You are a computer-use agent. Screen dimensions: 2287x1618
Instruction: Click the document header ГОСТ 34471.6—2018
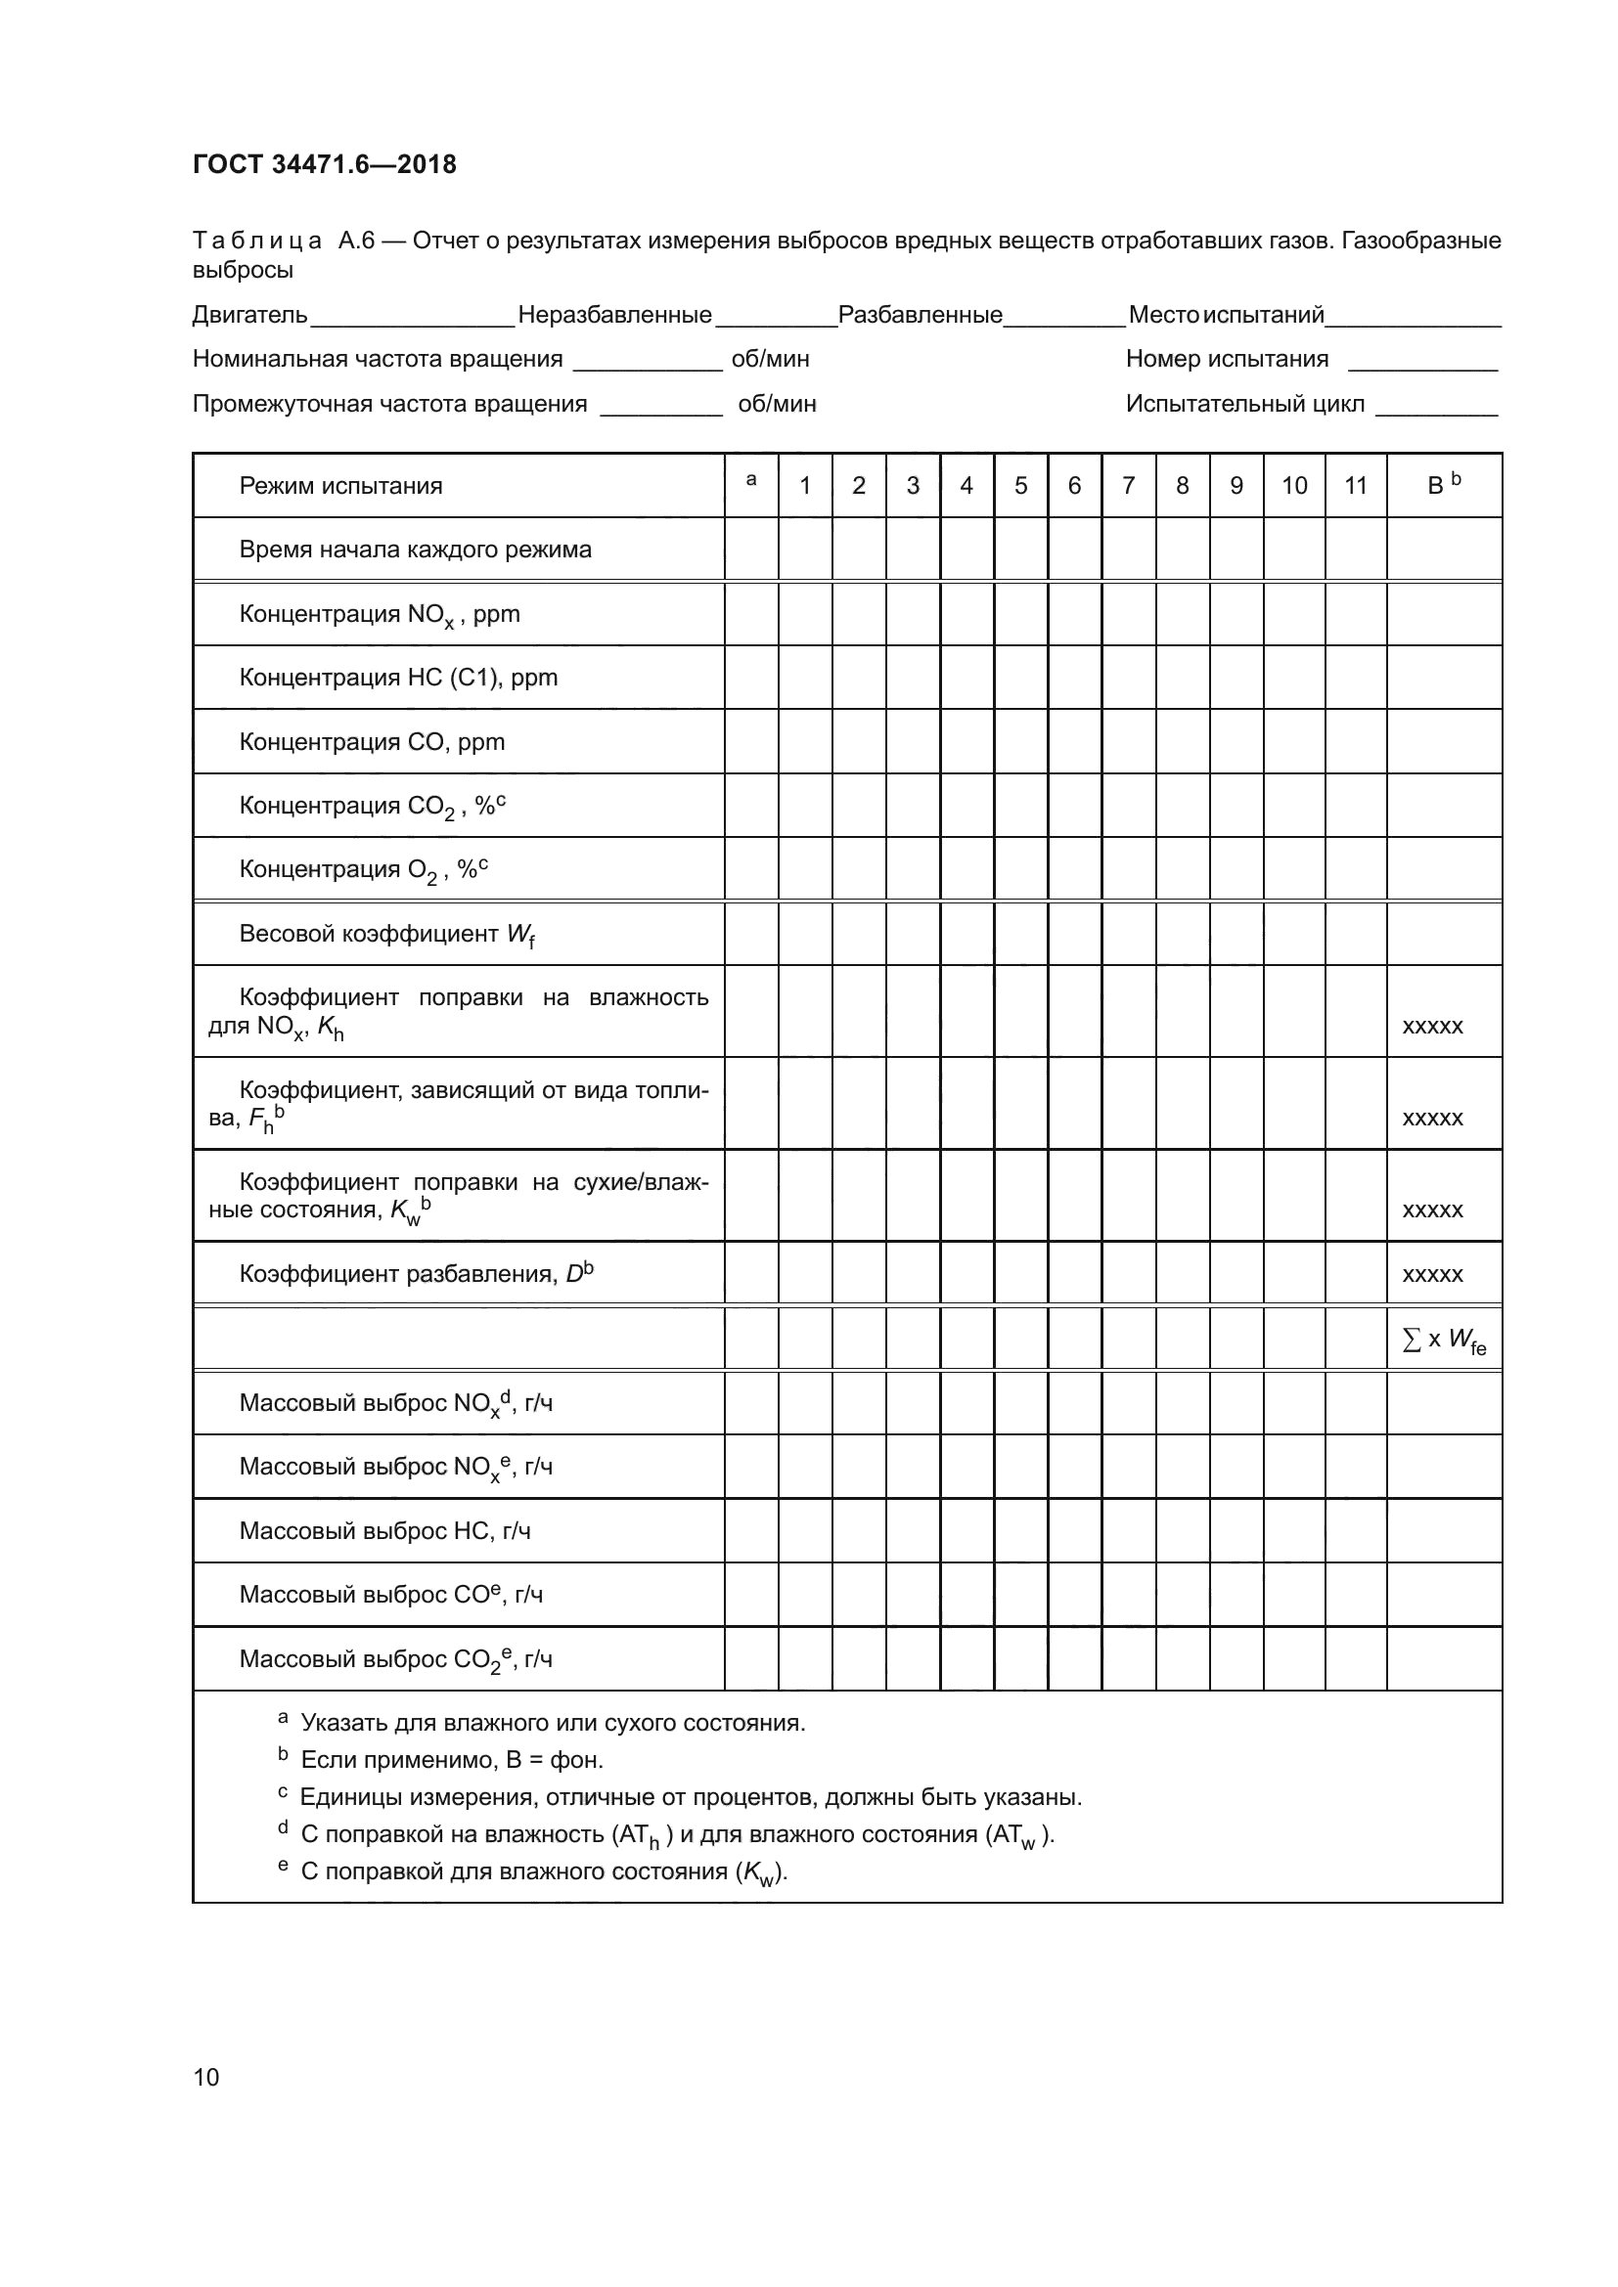pyautogui.click(x=324, y=164)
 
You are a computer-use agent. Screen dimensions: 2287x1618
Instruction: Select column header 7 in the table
pyautogui.click(x=1128, y=485)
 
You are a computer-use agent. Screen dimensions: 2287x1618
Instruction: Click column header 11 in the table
pyautogui.click(x=1355, y=485)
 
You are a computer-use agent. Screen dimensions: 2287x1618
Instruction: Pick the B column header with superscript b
pyautogui.click(x=1443, y=485)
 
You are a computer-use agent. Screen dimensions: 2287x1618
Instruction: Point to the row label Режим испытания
pyautogui.click(x=340, y=486)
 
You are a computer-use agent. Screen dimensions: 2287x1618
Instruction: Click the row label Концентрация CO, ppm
pyautogui.click(x=372, y=742)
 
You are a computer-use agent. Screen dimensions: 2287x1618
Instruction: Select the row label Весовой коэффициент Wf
pyautogui.click(x=386, y=935)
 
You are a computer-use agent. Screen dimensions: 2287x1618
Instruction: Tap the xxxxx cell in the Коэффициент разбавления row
pyautogui.click(x=1432, y=1275)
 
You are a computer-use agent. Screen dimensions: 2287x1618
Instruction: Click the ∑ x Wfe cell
pyautogui.click(x=1443, y=1341)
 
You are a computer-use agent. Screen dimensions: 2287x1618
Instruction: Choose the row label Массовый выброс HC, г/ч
pyautogui.click(x=384, y=1531)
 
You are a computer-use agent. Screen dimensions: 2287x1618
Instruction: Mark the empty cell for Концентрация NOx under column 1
pyautogui.click(x=804, y=614)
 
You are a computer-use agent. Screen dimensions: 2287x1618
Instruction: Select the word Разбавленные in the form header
pyautogui.click(x=920, y=316)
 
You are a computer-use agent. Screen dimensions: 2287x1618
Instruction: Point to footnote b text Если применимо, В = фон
pyautogui.click(x=451, y=1760)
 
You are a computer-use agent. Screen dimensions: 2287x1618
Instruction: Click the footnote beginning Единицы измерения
pyautogui.click(x=690, y=1797)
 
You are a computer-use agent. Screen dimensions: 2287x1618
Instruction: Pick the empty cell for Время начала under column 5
pyautogui.click(x=1020, y=549)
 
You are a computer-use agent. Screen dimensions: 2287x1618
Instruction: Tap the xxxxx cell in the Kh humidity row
pyautogui.click(x=1432, y=1026)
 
